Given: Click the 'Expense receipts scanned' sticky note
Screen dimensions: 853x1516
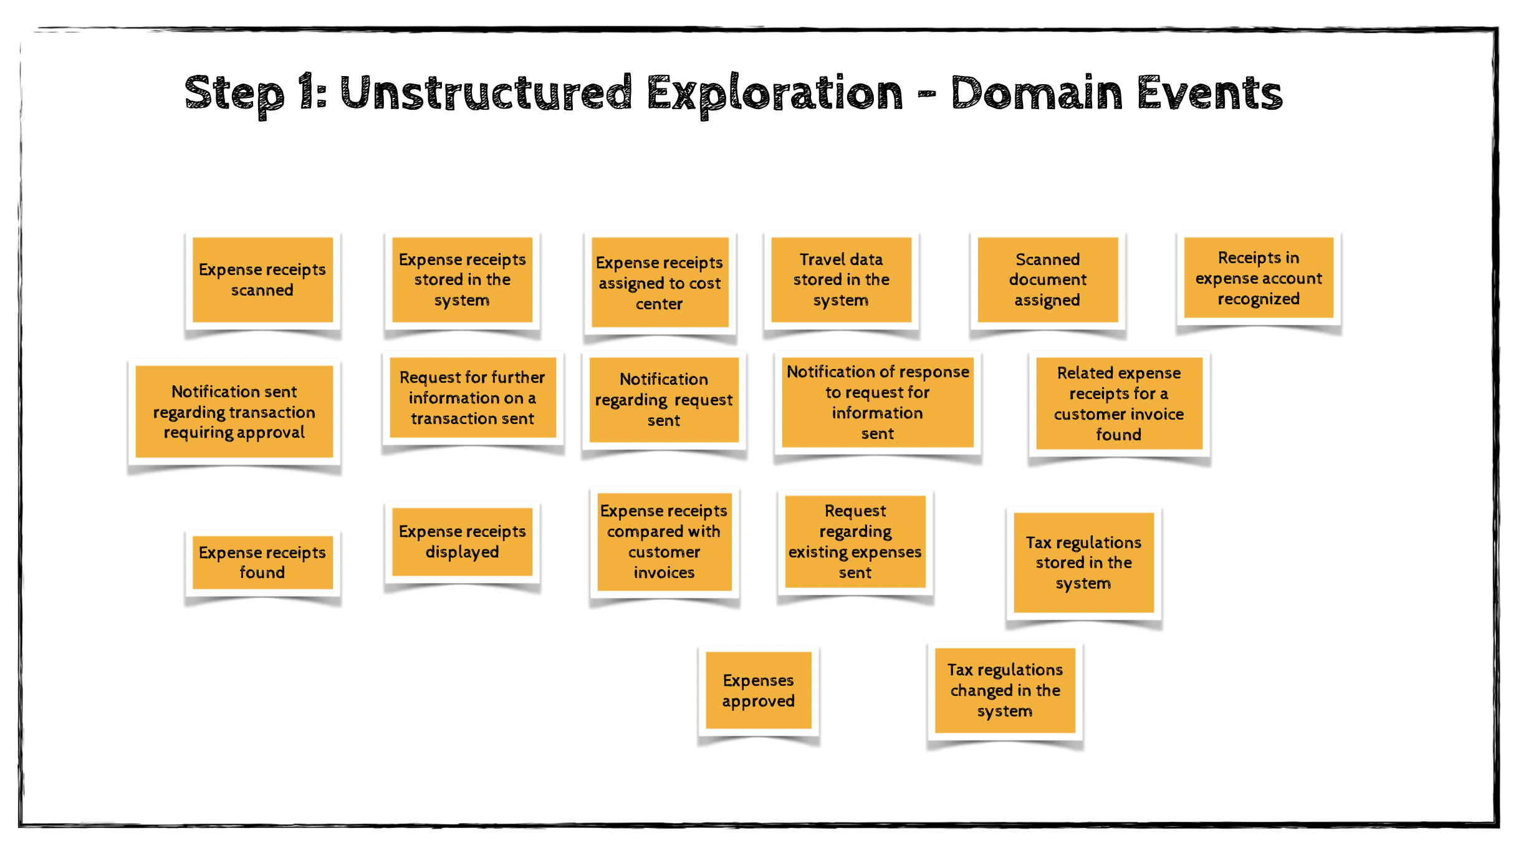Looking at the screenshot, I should [x=262, y=280].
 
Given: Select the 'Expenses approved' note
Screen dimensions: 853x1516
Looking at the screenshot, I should [x=758, y=690].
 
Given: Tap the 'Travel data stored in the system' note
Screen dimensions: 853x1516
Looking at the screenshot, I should [x=841, y=280].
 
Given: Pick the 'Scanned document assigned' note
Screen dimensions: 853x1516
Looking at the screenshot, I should [x=1047, y=280].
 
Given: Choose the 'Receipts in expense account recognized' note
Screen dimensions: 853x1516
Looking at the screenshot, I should [x=1258, y=278].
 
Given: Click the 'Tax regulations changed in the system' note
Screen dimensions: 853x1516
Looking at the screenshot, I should [x=1005, y=690].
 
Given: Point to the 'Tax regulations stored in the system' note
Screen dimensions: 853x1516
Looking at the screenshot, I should [x=1083, y=562].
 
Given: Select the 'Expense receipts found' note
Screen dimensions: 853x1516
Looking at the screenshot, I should [x=262, y=562].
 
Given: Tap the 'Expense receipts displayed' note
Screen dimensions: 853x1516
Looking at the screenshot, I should [x=462, y=542].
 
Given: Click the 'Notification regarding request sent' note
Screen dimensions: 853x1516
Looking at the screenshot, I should [x=663, y=400].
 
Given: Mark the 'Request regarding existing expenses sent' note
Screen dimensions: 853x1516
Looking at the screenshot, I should [x=855, y=542].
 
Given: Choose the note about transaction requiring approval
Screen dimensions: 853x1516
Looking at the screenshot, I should [x=234, y=412].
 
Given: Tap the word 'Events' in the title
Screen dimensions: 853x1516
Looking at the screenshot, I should [x=1209, y=94].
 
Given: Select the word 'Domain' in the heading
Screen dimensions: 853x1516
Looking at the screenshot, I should [x=1036, y=94].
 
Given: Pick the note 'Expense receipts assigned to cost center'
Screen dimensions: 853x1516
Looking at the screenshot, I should [x=660, y=283].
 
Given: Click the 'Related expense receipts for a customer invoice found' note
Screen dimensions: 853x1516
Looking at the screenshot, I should [x=1118, y=403].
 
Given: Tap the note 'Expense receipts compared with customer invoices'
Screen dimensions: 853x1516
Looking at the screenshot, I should [x=664, y=542].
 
